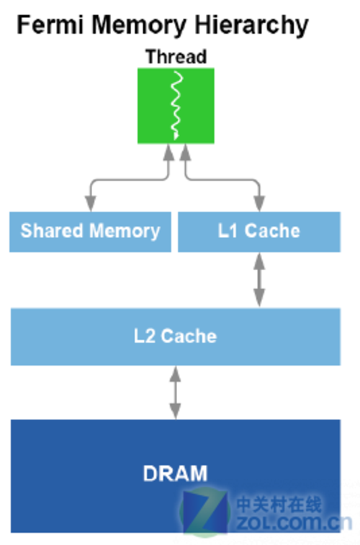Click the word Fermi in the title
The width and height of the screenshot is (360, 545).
click(x=50, y=25)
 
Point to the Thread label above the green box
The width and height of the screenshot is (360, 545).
click(x=176, y=57)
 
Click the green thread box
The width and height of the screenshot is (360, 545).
click(x=176, y=106)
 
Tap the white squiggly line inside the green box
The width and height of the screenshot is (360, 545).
click(x=177, y=105)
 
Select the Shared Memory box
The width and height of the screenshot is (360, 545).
click(x=90, y=232)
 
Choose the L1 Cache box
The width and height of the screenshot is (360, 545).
click(x=259, y=232)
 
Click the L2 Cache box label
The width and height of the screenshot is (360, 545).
click(x=176, y=336)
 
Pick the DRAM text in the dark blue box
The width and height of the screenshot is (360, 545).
click(x=176, y=473)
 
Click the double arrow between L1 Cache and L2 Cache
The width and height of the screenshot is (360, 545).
click(x=259, y=280)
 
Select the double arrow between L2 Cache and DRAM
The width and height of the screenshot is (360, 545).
click(x=175, y=392)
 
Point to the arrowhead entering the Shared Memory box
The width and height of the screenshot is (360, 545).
click(x=91, y=204)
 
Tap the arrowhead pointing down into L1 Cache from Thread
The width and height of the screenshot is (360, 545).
click(x=260, y=204)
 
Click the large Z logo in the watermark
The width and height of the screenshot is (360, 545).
click(x=205, y=511)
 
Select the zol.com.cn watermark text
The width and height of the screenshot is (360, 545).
click(x=294, y=523)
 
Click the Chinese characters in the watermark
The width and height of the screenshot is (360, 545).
click(x=279, y=505)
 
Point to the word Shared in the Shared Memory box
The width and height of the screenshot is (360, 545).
click(x=51, y=230)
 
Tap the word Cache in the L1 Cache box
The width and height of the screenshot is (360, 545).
click(x=272, y=231)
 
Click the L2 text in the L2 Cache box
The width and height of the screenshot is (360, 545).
click(x=145, y=336)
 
